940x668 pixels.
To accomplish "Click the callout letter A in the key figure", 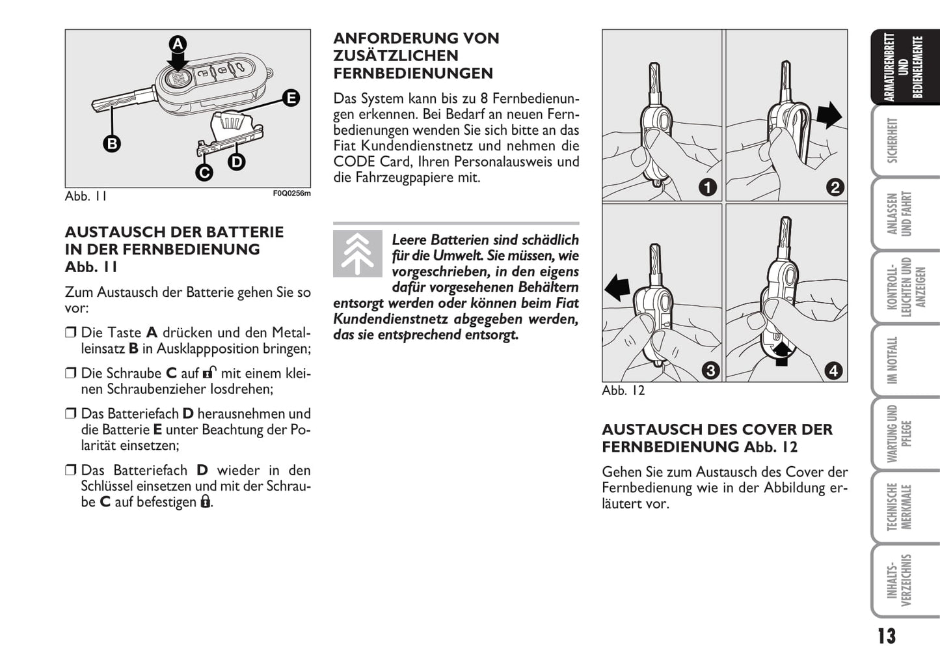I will pyautogui.click(x=178, y=44).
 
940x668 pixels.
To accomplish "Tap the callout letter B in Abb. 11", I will pyautogui.click(x=113, y=143).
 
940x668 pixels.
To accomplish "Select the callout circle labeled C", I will pyautogui.click(x=204, y=173).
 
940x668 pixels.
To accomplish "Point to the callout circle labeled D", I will pyautogui.click(x=236, y=161).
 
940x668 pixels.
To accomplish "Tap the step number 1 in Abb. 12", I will pyautogui.click(x=707, y=188).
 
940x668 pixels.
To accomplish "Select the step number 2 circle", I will pyautogui.click(x=835, y=188).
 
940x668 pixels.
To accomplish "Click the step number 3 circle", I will pyautogui.click(x=710, y=370).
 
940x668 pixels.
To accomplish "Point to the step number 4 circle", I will pyautogui.click(x=833, y=370).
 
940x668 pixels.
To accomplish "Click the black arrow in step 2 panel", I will pyautogui.click(x=829, y=115).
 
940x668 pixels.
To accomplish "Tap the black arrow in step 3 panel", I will pyautogui.click(x=617, y=287).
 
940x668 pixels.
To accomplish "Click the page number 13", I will pyautogui.click(x=886, y=636).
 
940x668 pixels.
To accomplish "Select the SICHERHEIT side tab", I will pyautogui.click(x=893, y=140).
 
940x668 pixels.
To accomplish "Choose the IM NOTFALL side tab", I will pyautogui.click(x=893, y=360).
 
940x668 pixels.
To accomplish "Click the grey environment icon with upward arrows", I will pyautogui.click(x=357, y=253).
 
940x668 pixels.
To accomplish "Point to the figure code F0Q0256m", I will pyautogui.click(x=291, y=193).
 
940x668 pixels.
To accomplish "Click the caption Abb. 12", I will pyautogui.click(x=623, y=391).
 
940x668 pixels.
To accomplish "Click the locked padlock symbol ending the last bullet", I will pyautogui.click(x=205, y=501).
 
